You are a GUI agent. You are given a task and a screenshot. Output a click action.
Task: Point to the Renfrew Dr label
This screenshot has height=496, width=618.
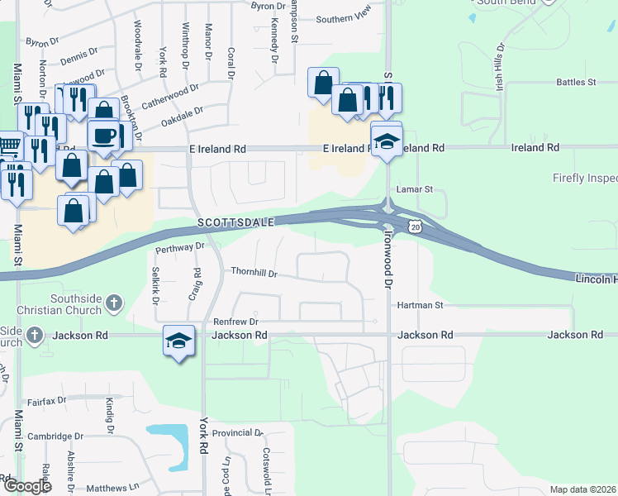[x=236, y=322]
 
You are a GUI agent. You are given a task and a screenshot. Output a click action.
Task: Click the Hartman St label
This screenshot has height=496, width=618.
[x=421, y=305]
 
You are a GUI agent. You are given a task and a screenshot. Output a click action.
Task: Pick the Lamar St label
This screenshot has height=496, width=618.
[x=416, y=189]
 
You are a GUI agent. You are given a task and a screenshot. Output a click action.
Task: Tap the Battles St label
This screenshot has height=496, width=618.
[x=576, y=83]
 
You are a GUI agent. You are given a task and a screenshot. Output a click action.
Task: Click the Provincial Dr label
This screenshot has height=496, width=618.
[x=236, y=433]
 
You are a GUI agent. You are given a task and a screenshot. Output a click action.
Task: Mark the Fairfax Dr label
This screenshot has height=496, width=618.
[x=45, y=402]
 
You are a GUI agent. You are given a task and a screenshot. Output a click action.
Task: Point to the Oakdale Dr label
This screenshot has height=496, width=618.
[x=182, y=117]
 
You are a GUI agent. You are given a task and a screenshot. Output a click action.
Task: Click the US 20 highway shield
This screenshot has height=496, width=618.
[x=416, y=227]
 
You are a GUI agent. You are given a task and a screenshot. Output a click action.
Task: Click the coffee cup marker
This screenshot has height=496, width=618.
[x=104, y=136]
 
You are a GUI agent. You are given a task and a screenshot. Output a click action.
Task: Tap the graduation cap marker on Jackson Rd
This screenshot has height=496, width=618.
[x=179, y=341]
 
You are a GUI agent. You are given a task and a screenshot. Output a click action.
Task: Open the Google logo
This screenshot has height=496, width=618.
[x=27, y=486]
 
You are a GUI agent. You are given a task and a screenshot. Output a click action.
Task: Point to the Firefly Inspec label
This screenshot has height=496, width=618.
[x=584, y=178]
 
